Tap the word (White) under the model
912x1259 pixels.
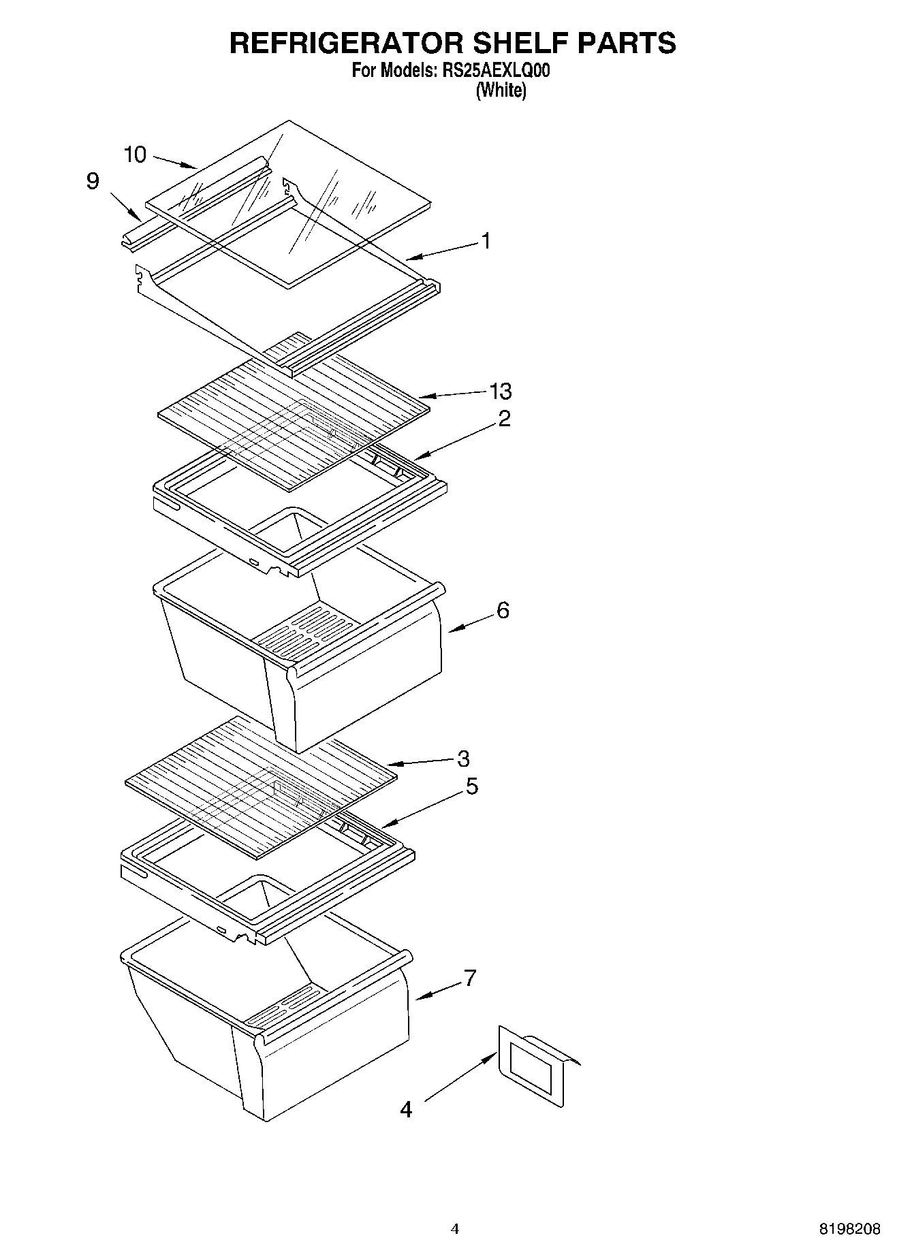501,90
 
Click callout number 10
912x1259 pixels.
135,155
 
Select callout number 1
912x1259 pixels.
486,241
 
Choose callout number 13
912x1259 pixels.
501,392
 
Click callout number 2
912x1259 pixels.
504,418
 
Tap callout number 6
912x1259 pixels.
503,610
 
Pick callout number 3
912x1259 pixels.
463,759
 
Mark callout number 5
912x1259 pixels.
471,786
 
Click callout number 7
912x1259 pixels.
470,978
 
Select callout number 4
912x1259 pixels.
406,1110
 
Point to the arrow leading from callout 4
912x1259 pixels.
460,1077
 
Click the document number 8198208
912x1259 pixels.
849,1229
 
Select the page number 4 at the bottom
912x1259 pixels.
455,1229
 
